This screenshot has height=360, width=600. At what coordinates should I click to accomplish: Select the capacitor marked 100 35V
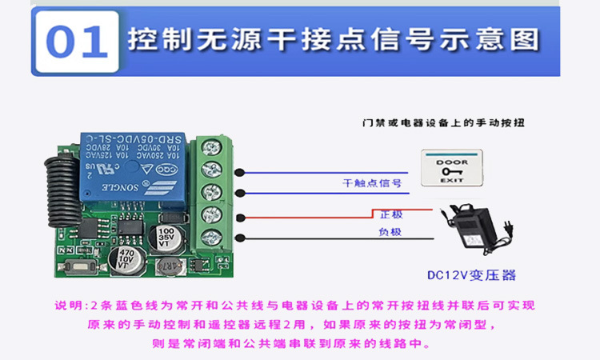pyautogui.click(x=166, y=237)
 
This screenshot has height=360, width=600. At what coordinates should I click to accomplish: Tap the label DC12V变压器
pyautogui.click(x=471, y=276)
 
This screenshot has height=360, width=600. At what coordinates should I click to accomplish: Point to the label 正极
pyautogui.click(x=391, y=214)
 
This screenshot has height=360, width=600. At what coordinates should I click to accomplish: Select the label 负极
pyautogui.click(x=390, y=232)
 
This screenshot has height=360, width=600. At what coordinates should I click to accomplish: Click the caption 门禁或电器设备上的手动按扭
pyautogui.click(x=448, y=123)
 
